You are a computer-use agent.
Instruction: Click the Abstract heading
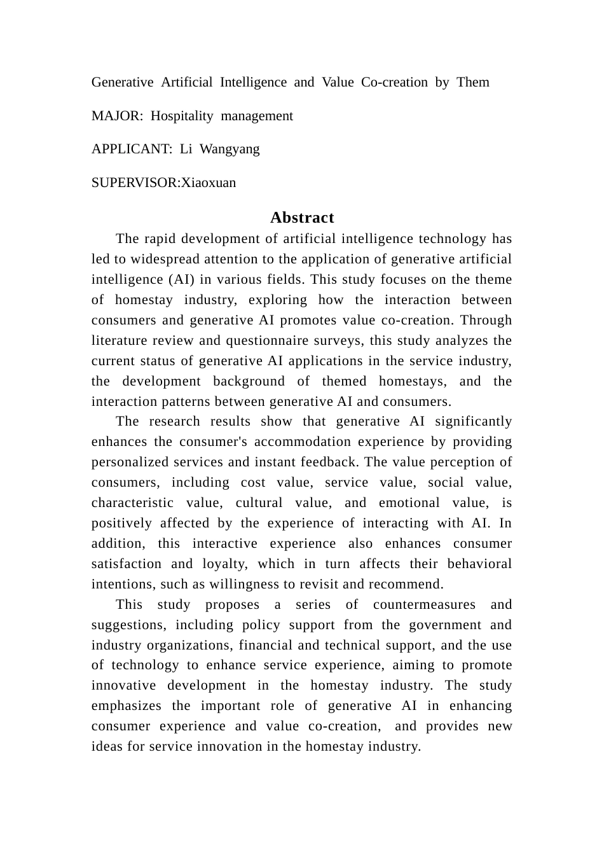(x=302, y=218)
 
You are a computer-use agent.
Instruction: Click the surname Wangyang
(x=230, y=149)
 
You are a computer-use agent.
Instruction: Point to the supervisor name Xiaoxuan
(x=209, y=183)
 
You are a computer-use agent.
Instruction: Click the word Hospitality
(x=182, y=116)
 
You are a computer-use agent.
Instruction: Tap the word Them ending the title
(x=473, y=82)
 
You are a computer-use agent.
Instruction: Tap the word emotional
(x=409, y=503)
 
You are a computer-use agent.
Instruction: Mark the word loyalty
(x=226, y=564)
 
